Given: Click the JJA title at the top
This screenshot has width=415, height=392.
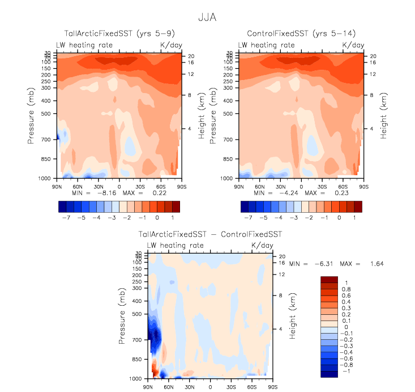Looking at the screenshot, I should [x=207, y=18].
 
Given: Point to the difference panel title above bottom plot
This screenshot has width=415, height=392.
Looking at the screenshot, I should [x=210, y=234].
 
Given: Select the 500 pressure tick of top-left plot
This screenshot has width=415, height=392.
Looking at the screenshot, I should [x=48, y=113].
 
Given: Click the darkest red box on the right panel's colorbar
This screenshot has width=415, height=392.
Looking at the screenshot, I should [x=358, y=206].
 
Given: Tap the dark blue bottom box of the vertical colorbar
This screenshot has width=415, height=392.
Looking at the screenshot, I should [x=329, y=374].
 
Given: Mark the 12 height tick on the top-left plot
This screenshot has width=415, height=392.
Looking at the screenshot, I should [x=191, y=74].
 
